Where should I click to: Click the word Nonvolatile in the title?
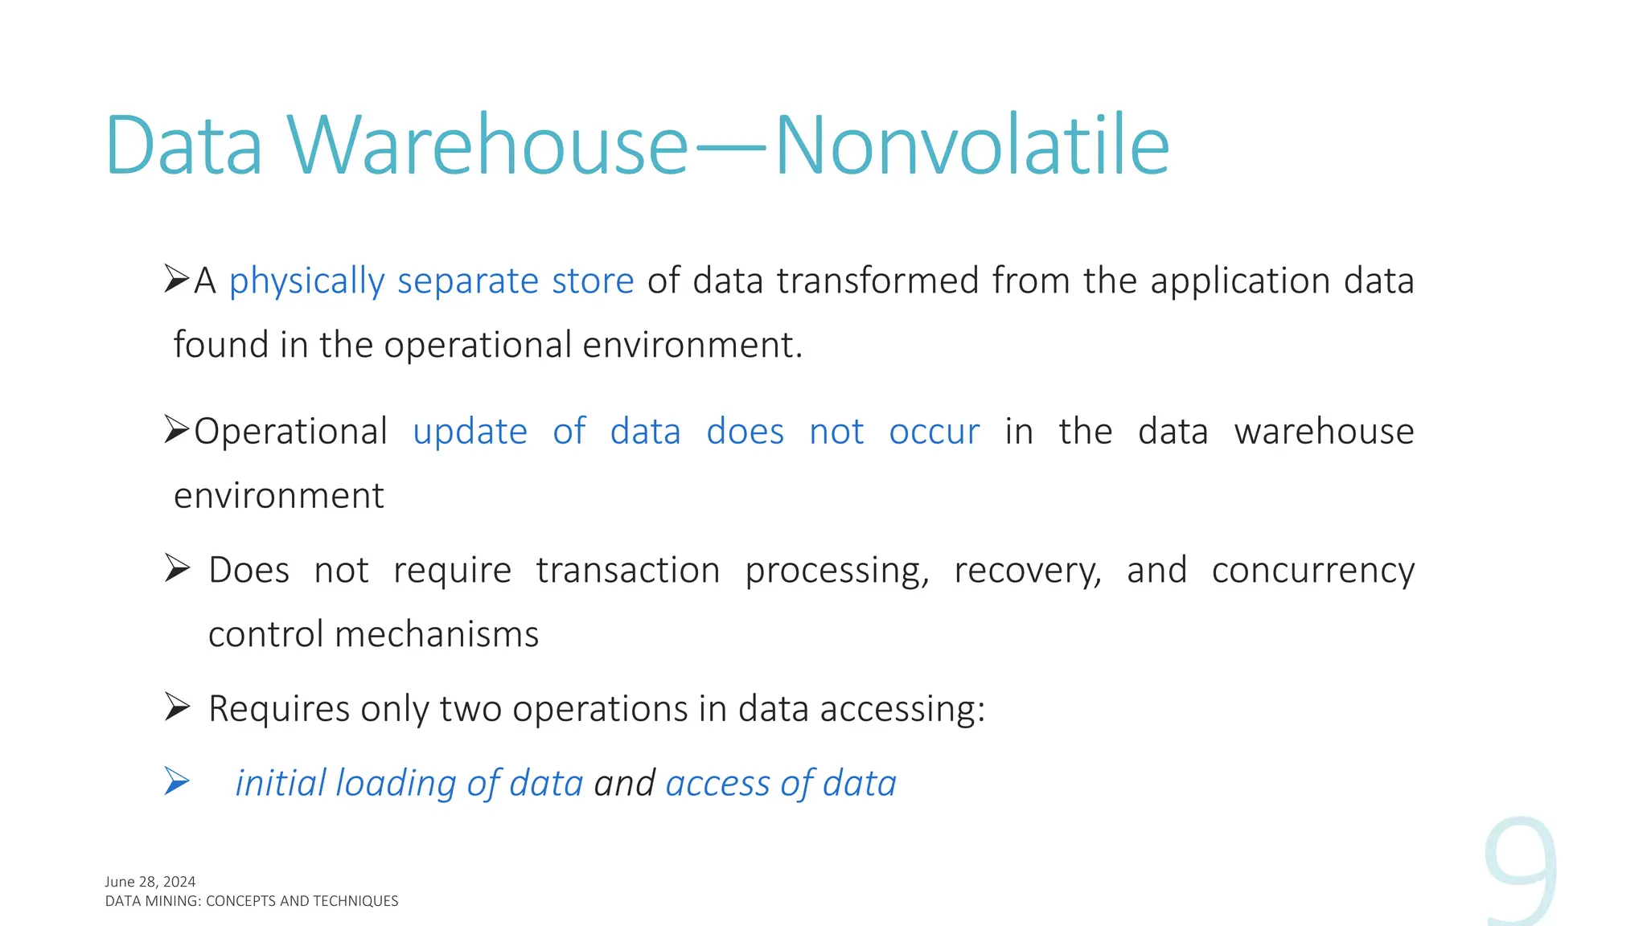click(x=971, y=145)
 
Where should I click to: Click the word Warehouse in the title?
click(x=487, y=145)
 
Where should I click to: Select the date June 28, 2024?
click(x=150, y=882)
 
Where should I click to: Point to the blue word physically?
click(x=306, y=281)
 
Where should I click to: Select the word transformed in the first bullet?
click(x=877, y=281)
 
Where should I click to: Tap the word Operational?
click(x=290, y=432)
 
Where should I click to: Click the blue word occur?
click(x=934, y=432)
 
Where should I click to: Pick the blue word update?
click(x=470, y=432)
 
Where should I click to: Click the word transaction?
click(x=627, y=571)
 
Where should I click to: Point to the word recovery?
click(x=1027, y=571)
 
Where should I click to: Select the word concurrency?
click(x=1312, y=571)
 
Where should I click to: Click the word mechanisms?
click(x=437, y=634)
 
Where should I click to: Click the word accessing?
click(x=902, y=709)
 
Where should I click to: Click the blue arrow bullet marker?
click(x=177, y=781)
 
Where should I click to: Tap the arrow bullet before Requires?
click(x=177, y=707)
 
